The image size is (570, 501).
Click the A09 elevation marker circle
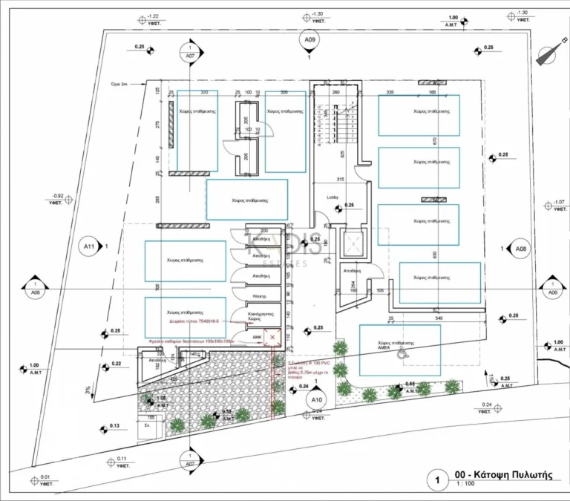[x=309, y=39]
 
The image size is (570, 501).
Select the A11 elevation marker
[x=90, y=246]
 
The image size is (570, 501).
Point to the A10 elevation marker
[x=316, y=398]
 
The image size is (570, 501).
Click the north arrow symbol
[x=548, y=54]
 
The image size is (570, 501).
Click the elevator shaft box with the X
[x=351, y=243]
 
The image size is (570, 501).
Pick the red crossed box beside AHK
[x=272, y=338]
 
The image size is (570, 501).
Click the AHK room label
[x=257, y=336]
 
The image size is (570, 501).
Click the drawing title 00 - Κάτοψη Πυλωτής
[x=505, y=477]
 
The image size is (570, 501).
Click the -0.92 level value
[x=56, y=195]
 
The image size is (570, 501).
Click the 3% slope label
[x=88, y=388]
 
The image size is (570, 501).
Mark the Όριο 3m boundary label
[x=119, y=85]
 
